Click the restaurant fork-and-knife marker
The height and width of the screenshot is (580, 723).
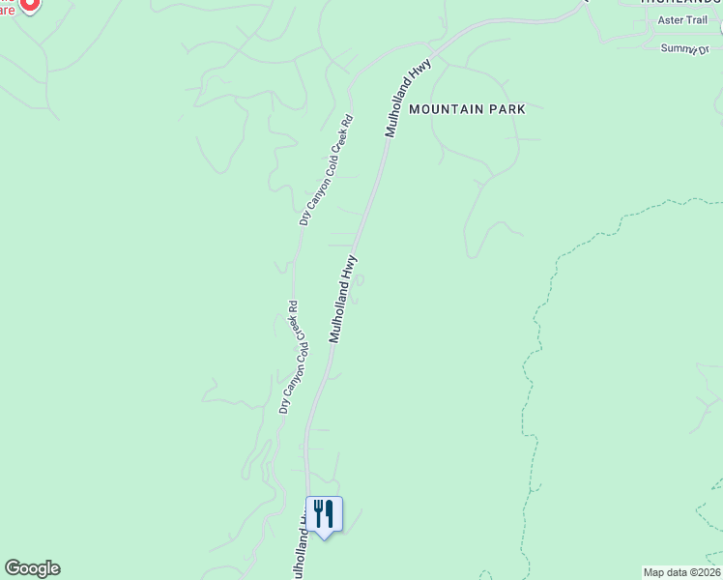tap(324, 514)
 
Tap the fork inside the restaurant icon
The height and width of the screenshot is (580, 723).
tap(317, 512)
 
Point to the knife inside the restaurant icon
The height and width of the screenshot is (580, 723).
tap(330, 512)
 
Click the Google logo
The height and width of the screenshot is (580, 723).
tap(32, 568)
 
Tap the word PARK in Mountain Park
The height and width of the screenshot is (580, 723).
tap(507, 109)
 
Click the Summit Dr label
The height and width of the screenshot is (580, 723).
tap(686, 48)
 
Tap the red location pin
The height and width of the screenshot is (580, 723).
tap(29, 4)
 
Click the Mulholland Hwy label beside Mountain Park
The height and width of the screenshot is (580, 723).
tap(407, 98)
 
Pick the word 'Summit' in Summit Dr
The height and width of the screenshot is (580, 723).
tap(679, 48)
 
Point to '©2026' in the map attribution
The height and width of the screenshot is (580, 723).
tap(703, 572)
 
